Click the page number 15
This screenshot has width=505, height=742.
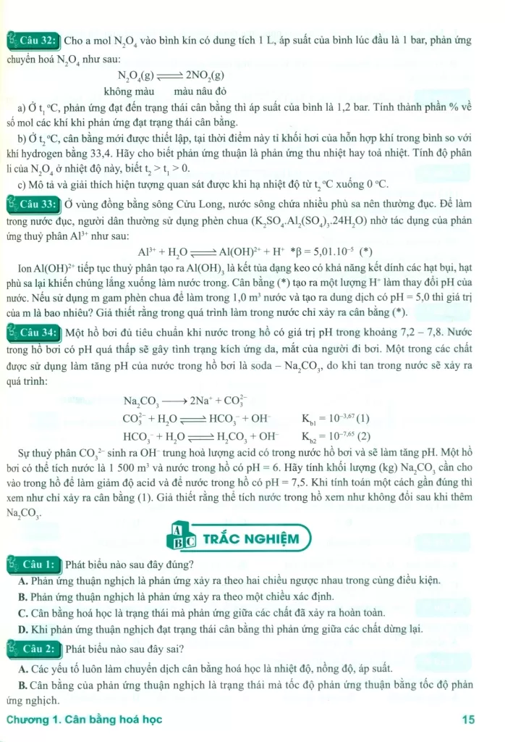pyautogui.click(x=467, y=720)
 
